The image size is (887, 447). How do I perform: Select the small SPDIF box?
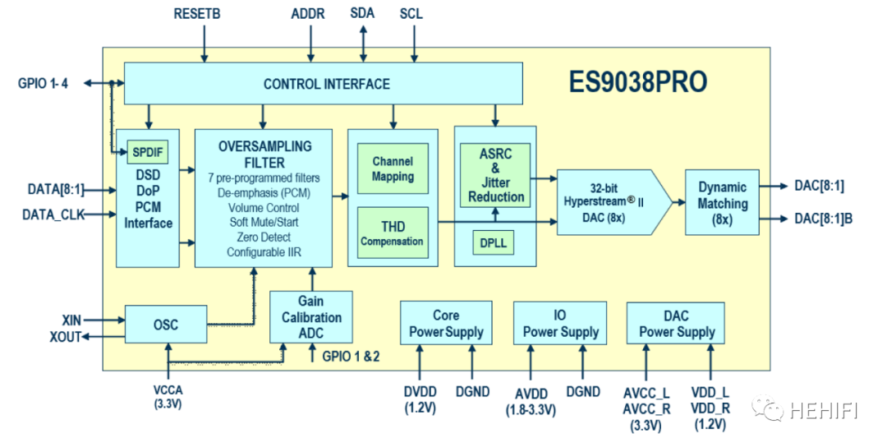click(149, 152)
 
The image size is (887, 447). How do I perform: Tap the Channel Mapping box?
click(393, 169)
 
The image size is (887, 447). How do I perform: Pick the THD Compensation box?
click(393, 233)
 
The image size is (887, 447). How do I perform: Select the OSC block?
click(166, 324)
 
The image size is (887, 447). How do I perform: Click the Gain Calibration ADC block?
click(311, 317)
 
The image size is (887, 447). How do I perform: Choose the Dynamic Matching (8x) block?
click(722, 202)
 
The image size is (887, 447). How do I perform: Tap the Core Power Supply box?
click(446, 323)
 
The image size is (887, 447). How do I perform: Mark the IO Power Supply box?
click(561, 323)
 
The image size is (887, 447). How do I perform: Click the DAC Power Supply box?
click(677, 323)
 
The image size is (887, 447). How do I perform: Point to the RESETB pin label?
click(197, 14)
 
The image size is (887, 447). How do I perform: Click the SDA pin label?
click(363, 14)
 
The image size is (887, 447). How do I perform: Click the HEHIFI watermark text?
click(824, 408)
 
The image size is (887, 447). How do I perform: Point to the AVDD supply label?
click(531, 392)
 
